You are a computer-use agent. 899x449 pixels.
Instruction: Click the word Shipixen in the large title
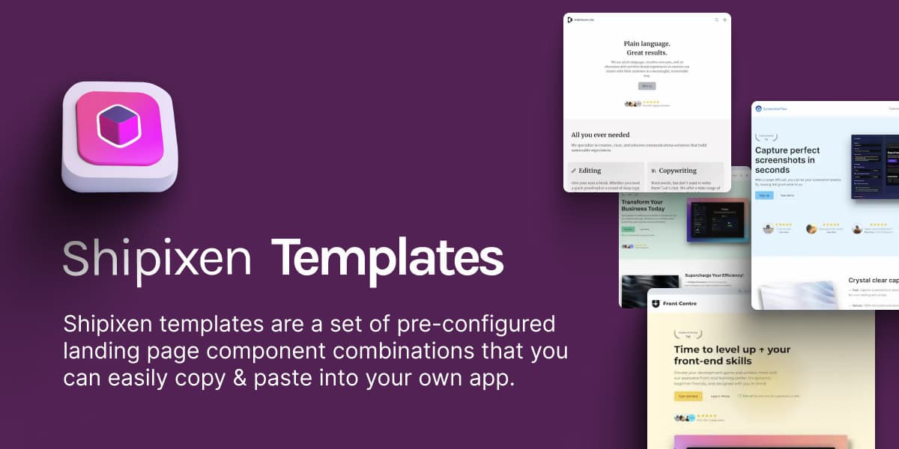[157, 259]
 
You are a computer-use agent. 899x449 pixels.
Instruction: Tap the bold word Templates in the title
[387, 259]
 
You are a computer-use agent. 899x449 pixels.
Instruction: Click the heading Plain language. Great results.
[647, 48]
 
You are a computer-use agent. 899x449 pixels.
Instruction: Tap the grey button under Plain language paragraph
[647, 86]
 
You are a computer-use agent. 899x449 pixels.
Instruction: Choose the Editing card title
[590, 171]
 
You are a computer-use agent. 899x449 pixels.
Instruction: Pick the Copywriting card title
[677, 171]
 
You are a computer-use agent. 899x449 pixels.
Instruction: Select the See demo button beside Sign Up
[787, 195]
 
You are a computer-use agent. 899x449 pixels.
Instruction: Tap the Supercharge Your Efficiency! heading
[714, 275]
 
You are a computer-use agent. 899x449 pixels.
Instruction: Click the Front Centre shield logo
[656, 304]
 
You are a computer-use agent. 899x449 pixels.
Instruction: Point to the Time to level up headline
[732, 355]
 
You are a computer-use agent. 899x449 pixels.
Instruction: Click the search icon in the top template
[716, 19]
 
